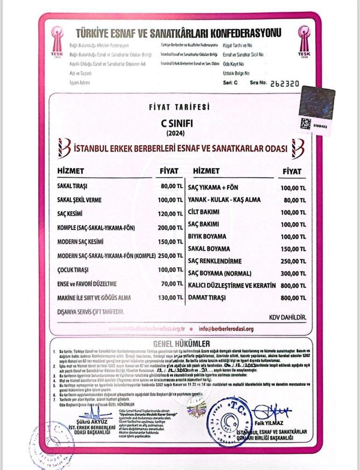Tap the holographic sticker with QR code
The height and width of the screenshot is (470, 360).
click(317, 110)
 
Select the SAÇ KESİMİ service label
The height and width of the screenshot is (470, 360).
click(70, 214)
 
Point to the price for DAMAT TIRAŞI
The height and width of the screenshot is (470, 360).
click(293, 297)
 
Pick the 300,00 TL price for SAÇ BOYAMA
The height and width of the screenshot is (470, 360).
click(293, 273)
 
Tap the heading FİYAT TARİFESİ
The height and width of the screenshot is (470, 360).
click(180, 107)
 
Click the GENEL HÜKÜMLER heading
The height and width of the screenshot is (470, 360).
click(180, 344)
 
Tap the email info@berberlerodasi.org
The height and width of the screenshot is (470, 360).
click(226, 329)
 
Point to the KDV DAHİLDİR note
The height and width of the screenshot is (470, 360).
click(288, 318)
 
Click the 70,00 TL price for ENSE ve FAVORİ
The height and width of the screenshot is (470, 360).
click(173, 284)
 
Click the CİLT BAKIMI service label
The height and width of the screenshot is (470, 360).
click(203, 212)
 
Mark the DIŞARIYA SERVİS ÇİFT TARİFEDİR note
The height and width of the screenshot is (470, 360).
click(91, 311)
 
